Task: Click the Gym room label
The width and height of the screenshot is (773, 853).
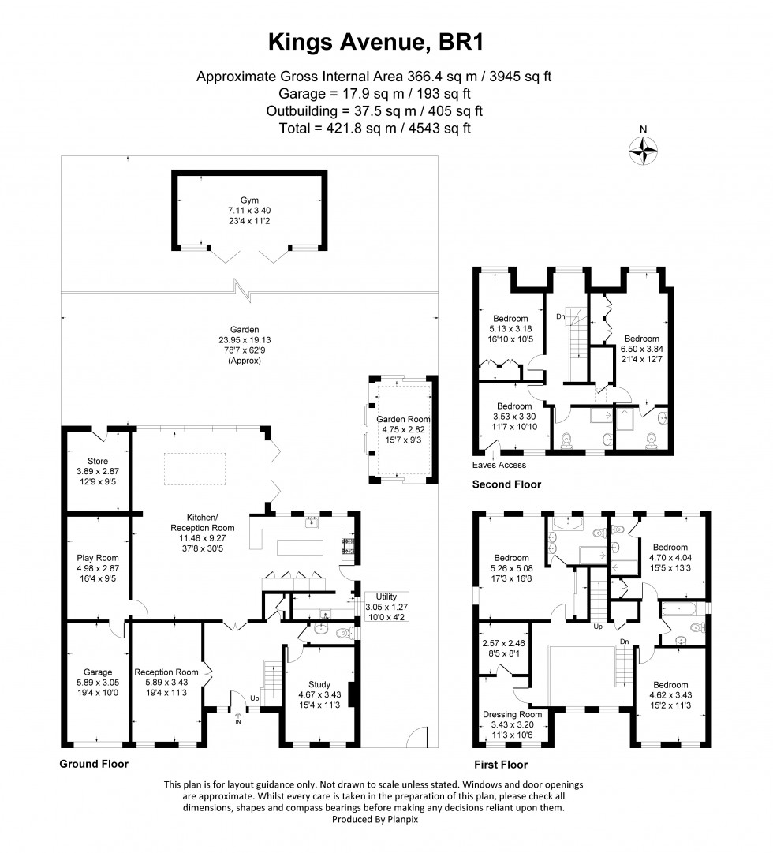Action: coord(249,200)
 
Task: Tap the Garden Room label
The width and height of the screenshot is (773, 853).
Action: coord(402,419)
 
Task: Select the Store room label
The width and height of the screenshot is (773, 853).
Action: coord(98,461)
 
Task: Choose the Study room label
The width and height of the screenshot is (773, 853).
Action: coord(319,684)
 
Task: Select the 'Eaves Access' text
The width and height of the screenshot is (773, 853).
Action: coord(499,465)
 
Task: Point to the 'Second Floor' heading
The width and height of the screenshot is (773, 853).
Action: coord(506,484)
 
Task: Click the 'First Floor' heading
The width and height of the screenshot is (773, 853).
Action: coord(501,764)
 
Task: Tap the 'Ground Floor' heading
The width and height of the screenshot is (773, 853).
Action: coord(94,764)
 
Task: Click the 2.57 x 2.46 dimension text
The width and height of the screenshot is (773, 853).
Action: coord(502,643)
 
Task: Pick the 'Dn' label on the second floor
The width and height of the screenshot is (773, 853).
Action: coord(560,316)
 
